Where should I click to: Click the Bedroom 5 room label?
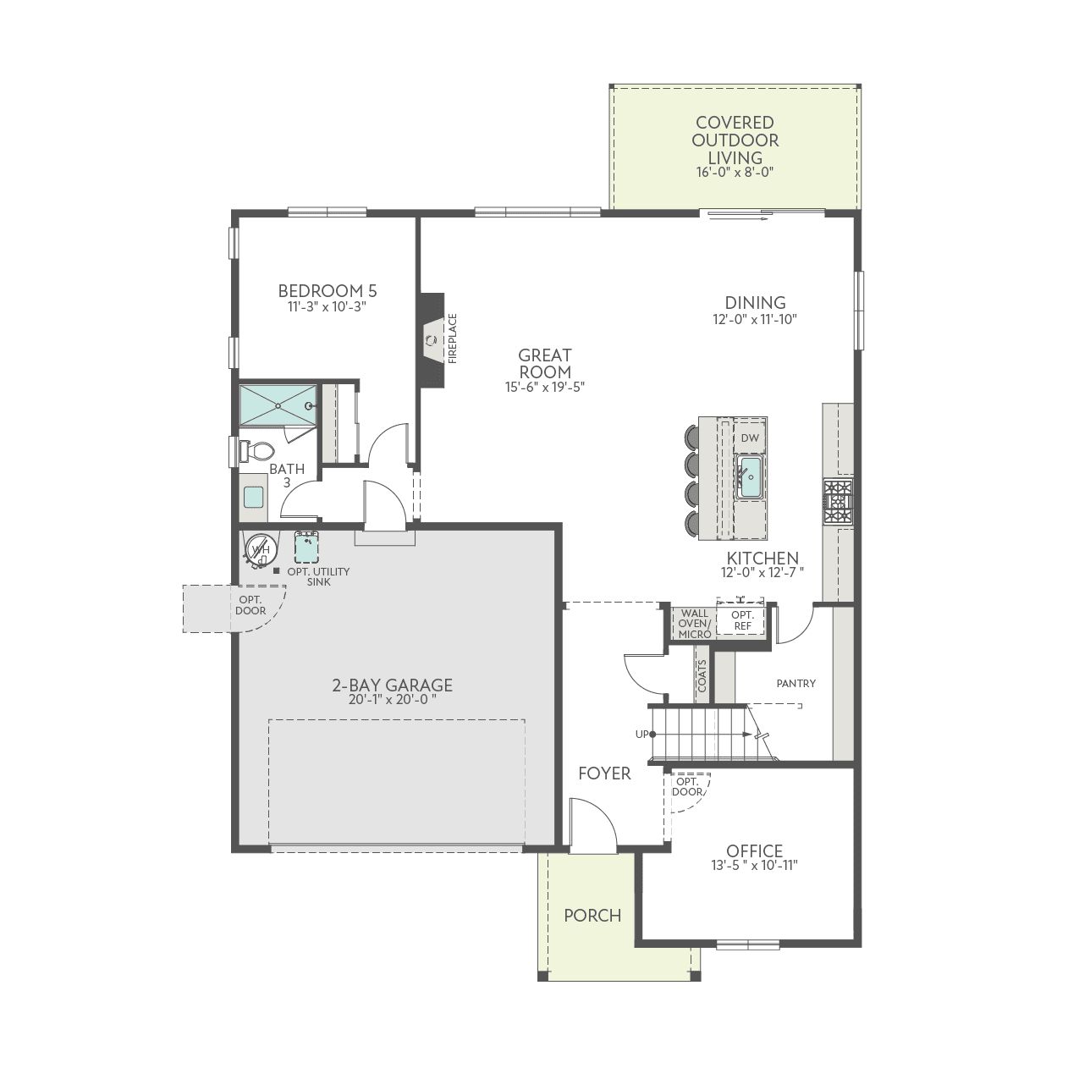[327, 290]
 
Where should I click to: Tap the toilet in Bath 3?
[256, 451]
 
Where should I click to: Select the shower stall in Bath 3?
[278, 405]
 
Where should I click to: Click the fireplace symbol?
[432, 340]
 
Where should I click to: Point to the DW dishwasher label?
[750, 438]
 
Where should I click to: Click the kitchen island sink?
[749, 477]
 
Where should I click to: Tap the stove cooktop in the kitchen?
[838, 502]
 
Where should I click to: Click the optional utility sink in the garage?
[307, 548]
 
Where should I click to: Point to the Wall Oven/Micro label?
[694, 624]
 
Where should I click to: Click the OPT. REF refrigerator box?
[742, 619]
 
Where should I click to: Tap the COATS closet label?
[702, 676]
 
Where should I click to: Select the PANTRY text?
[795, 683]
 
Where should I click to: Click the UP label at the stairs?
[641, 734]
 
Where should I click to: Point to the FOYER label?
[604, 773]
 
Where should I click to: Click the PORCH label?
[592, 916]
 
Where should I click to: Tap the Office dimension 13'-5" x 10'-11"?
[754, 865]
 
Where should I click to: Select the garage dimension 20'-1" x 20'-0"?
[392, 699]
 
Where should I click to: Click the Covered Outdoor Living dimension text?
[735, 172]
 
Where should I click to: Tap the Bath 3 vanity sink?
[253, 497]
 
